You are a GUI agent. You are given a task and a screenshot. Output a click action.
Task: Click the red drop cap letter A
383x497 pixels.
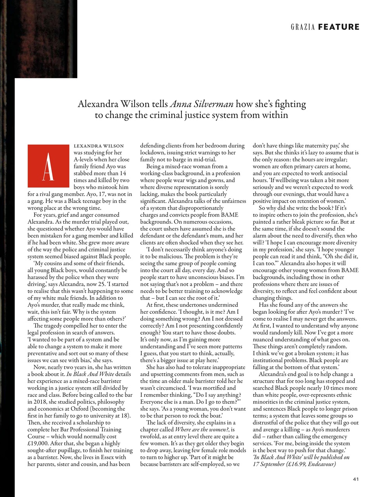click(48, 167)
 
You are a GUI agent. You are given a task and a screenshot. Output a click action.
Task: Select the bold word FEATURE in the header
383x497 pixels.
click(339, 27)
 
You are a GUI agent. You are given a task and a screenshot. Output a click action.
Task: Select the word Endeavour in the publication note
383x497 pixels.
click(322, 464)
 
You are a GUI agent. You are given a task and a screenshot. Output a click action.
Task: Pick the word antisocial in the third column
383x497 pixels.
click(333, 173)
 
